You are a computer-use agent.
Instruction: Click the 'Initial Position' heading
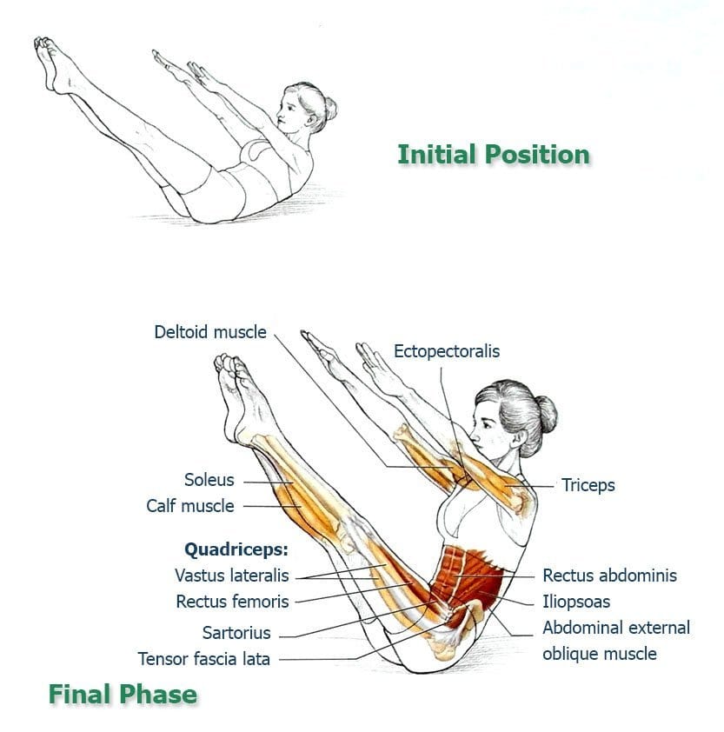[x=494, y=155]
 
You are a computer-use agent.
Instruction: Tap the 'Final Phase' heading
[x=123, y=694]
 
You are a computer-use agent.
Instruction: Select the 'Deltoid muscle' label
[x=210, y=332]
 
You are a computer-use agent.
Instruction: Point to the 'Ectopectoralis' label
[x=447, y=351]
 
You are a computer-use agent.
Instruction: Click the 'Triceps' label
[x=588, y=485]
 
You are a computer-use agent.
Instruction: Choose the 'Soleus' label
[x=209, y=480]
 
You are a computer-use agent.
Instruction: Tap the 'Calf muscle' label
[x=190, y=506]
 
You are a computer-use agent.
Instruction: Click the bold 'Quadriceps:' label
[x=236, y=550]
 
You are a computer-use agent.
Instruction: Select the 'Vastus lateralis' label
[x=231, y=576]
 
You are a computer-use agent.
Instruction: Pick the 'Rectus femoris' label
[x=232, y=602]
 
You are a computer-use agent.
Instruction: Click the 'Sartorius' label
[x=236, y=633]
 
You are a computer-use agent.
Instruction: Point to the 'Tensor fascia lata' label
[x=204, y=659]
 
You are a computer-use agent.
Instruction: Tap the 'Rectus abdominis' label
[x=609, y=576]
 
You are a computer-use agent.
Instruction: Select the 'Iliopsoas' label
[x=576, y=602]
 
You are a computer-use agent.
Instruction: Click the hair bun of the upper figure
[x=330, y=109]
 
